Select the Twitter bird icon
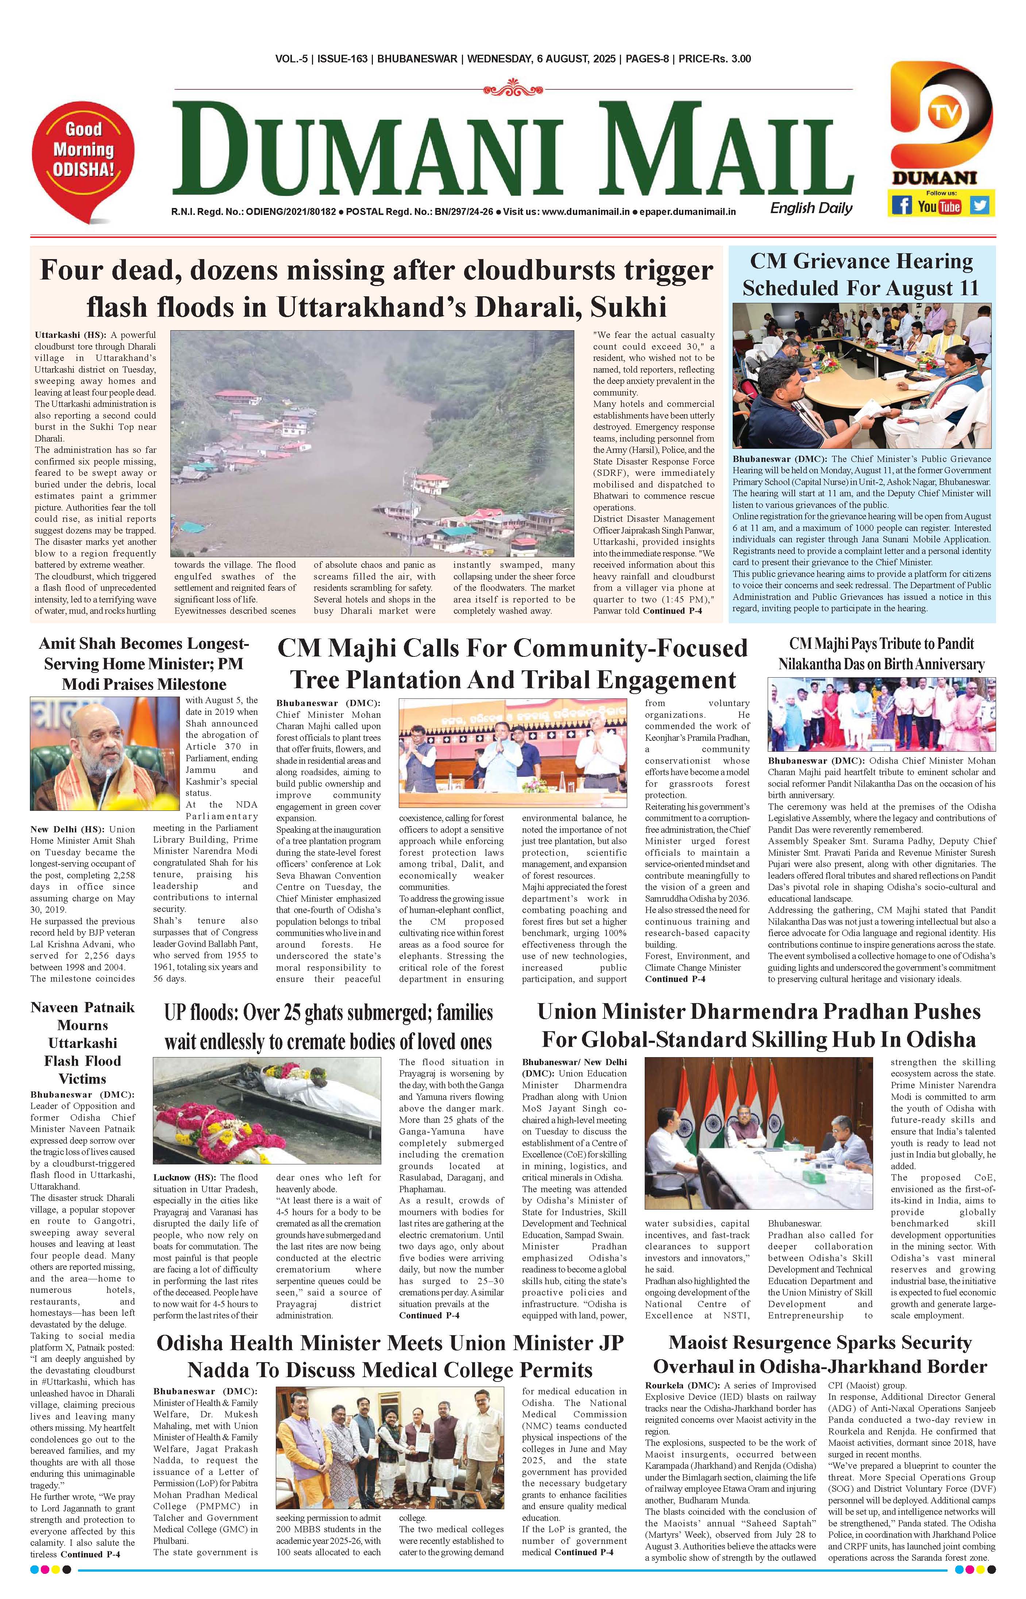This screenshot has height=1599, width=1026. pyautogui.click(x=979, y=205)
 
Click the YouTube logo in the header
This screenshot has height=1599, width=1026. pyautogui.click(x=940, y=207)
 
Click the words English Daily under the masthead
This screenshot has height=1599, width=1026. pyautogui.click(x=811, y=208)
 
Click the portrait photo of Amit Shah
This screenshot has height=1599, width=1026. pyautogui.click(x=105, y=754)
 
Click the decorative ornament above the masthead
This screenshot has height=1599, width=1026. pyautogui.click(x=513, y=86)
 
